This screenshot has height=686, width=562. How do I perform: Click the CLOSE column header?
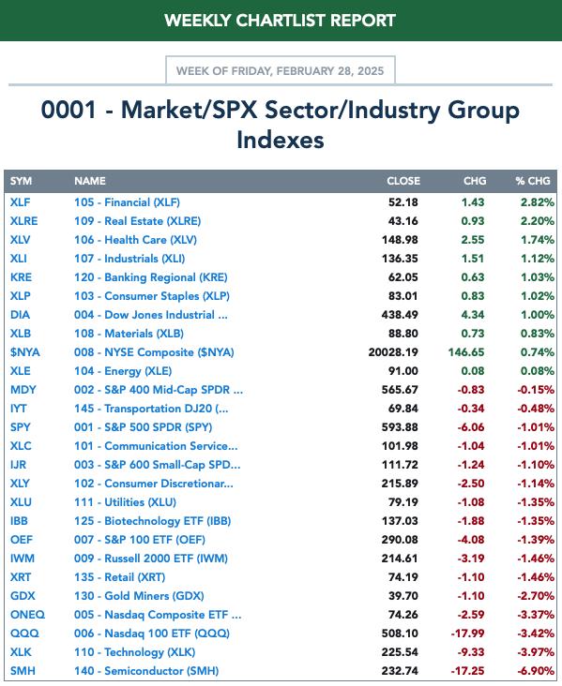pos(403,181)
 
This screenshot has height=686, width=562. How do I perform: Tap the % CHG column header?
pos(533,181)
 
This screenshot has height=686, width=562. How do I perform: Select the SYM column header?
pos(21,181)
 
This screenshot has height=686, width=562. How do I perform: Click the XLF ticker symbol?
pos(20,202)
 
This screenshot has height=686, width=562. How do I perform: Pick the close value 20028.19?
pos(393,352)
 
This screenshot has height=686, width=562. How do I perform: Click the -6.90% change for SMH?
pos(536,671)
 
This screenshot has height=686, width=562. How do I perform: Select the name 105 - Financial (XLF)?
pos(127,202)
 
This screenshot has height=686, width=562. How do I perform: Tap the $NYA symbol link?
pos(25,352)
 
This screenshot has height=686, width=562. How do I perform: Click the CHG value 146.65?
pos(466,352)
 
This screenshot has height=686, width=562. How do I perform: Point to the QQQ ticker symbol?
pos(24,634)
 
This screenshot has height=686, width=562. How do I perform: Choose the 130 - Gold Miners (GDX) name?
pos(139,596)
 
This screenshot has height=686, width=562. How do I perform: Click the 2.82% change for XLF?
pos(538,202)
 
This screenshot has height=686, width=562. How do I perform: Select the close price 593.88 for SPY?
pos(400,427)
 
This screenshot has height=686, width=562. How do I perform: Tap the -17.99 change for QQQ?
pos(468,634)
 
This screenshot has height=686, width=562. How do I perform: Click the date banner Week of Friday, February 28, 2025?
pos(281,71)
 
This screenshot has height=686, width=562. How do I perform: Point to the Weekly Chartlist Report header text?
pos(281,21)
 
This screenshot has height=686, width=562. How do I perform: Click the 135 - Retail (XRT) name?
pos(119,577)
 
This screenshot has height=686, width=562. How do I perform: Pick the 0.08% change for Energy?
pos(538,371)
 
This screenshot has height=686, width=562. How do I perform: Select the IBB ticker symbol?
pos(19,521)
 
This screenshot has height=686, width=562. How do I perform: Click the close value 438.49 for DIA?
pos(400,315)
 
